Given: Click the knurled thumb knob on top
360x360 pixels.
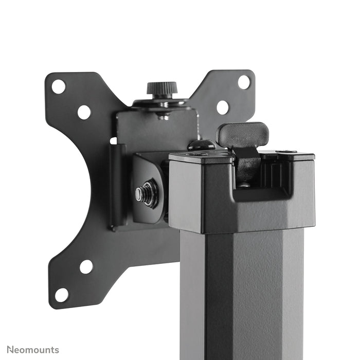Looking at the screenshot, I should click(161, 88).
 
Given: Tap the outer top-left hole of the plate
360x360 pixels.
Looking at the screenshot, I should click(59, 86).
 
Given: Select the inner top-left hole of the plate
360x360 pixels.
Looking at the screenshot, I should click(84, 112).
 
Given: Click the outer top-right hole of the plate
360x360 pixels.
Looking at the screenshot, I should click(244, 82).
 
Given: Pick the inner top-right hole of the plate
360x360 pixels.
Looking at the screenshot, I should click(222, 107).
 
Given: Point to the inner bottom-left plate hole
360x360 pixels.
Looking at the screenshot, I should click(86, 266).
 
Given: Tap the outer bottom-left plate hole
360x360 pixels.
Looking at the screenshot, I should click(62, 295).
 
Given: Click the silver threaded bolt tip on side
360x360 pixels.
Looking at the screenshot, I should click(140, 194).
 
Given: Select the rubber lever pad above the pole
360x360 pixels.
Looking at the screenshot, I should click(243, 134).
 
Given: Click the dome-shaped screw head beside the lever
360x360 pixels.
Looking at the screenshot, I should click(201, 146).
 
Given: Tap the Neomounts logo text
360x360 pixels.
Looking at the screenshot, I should click(30, 350).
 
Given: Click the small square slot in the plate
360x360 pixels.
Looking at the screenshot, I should click(113, 140).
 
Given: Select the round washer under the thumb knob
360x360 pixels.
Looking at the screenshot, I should click(161, 103).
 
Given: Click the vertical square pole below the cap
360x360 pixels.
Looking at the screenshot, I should click(242, 293).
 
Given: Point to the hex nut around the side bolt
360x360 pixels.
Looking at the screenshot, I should click(149, 192).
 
